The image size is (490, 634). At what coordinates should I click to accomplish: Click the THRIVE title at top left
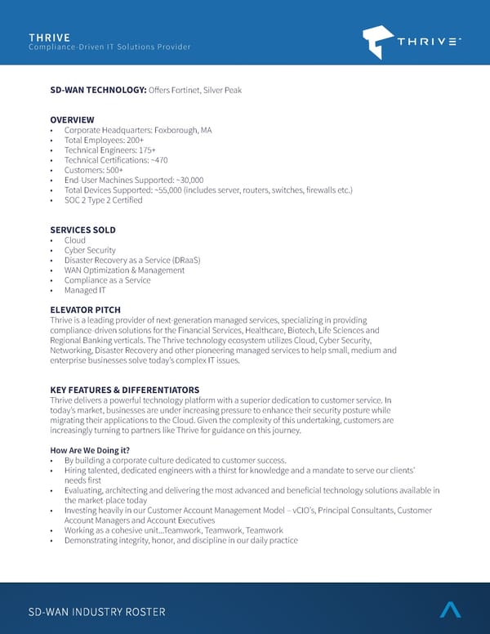[49, 37]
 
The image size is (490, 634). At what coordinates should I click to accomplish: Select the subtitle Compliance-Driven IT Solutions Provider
[109, 47]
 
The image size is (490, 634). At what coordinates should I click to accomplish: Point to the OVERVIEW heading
[72, 120]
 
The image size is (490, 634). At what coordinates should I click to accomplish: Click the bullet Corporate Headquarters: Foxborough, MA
[137, 130]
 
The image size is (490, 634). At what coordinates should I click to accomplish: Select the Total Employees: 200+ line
[104, 140]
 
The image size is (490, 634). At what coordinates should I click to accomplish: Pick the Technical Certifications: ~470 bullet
[115, 160]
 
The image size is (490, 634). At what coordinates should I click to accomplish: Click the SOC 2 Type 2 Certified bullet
[103, 200]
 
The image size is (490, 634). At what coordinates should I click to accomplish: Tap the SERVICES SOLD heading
[82, 230]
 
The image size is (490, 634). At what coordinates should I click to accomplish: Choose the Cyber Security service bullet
[90, 250]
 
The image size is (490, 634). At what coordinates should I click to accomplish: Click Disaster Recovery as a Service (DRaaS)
[132, 260]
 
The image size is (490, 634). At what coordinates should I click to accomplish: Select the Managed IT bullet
[85, 290]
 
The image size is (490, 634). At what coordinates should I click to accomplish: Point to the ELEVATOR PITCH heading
[85, 310]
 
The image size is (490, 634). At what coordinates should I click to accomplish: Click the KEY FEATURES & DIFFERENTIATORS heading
[124, 390]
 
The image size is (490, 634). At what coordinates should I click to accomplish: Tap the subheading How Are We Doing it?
[90, 450]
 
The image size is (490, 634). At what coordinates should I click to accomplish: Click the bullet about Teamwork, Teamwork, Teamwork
[173, 530]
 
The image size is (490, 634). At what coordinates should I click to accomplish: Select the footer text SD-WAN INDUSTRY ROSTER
[96, 612]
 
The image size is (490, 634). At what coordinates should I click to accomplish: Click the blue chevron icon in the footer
[450, 609]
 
